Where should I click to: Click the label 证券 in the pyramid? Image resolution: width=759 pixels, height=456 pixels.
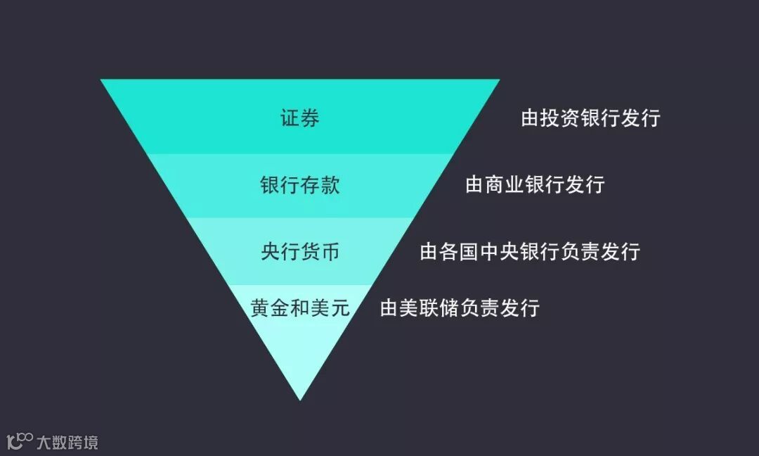click(x=300, y=118)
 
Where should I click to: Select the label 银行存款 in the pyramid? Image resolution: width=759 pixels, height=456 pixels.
click(x=300, y=185)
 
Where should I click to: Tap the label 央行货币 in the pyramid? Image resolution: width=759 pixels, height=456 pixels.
click(x=300, y=251)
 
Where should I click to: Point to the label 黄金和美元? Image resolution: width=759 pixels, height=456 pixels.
click(x=300, y=308)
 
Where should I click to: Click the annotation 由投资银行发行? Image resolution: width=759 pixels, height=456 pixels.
click(x=590, y=118)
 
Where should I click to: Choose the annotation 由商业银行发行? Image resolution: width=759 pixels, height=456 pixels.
click(x=535, y=185)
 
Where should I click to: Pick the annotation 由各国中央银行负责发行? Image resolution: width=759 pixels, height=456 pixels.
click(x=530, y=251)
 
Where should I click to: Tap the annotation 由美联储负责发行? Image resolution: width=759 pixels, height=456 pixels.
click(x=460, y=308)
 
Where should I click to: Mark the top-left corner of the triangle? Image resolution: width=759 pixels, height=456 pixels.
click(x=103, y=80)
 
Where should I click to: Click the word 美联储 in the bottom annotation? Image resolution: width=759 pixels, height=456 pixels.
click(x=429, y=308)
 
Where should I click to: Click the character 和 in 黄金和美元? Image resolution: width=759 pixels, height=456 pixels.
click(x=300, y=308)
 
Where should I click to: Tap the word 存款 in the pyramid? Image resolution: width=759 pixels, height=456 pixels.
click(x=320, y=185)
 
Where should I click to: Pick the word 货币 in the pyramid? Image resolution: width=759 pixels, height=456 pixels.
click(x=320, y=251)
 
